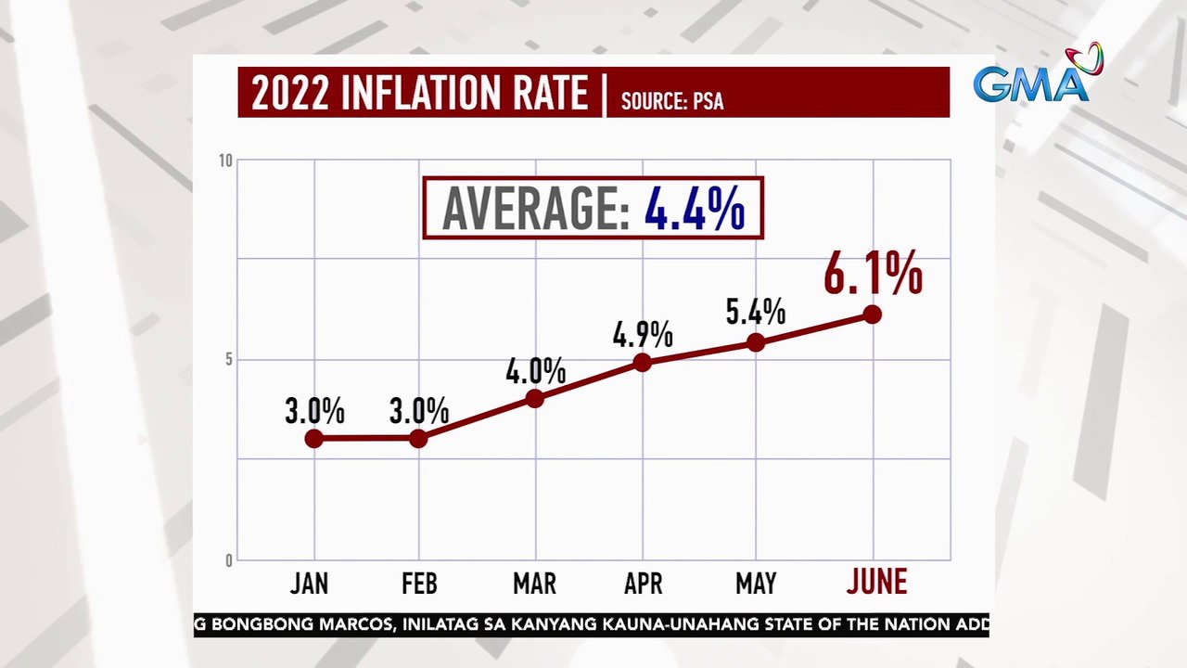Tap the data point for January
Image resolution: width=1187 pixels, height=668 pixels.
click(x=314, y=438)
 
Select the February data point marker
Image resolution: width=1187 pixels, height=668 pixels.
click(x=418, y=438)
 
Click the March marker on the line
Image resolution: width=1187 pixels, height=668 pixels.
click(x=534, y=398)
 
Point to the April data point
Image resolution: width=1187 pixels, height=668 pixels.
click(x=643, y=362)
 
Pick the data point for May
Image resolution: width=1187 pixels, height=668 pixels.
click(x=756, y=342)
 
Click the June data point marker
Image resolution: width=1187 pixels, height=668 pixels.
click(x=872, y=315)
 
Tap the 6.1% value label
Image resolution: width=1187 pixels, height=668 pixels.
click(x=873, y=276)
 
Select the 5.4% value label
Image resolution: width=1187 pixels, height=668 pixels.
click(x=756, y=312)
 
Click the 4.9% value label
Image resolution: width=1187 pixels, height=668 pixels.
click(x=643, y=334)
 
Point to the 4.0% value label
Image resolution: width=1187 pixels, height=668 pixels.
click(x=535, y=371)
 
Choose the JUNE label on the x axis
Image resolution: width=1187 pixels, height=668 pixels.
click(x=876, y=583)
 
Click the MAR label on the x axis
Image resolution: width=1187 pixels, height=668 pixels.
click(x=534, y=584)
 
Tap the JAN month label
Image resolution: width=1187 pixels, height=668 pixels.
click(x=309, y=584)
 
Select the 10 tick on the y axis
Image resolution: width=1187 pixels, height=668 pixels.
click(x=225, y=161)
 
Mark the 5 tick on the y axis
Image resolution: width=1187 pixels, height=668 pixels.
click(x=228, y=359)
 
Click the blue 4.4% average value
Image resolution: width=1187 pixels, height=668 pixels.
click(x=696, y=209)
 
